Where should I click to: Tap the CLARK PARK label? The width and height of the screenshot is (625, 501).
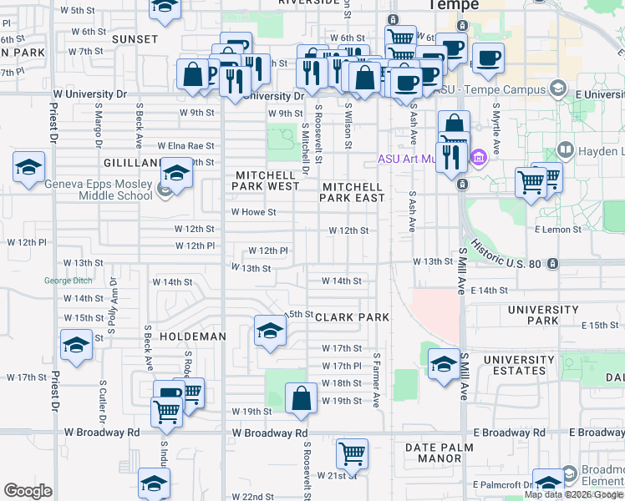click(352, 317)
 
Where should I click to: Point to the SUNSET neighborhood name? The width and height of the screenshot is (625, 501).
click(135, 39)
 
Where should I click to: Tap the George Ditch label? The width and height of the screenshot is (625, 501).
click(69, 281)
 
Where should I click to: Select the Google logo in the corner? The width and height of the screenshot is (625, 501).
click(28, 491)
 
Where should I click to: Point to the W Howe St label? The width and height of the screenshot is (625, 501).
click(253, 212)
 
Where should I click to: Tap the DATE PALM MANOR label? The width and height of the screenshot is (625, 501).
click(433, 453)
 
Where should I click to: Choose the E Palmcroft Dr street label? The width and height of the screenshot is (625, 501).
click(501, 484)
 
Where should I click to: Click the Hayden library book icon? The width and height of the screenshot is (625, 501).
click(565, 151)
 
